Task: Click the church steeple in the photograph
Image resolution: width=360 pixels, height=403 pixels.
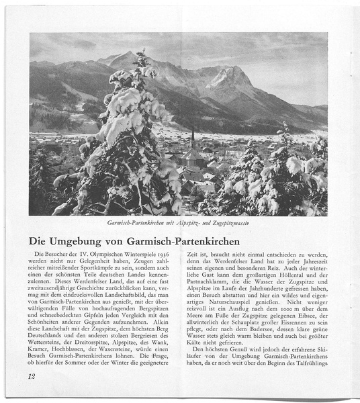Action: pyautogui.click(x=193, y=138)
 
